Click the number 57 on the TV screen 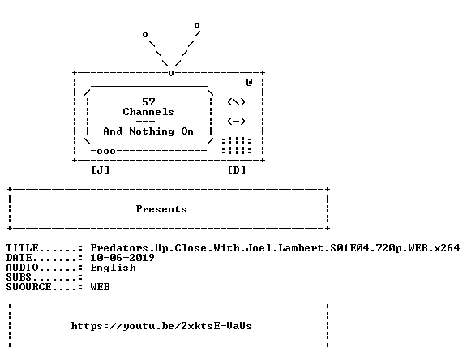click(x=148, y=102)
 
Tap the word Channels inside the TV click(x=148, y=112)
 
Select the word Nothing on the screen click(x=152, y=131)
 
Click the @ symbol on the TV click(x=249, y=82)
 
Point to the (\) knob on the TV click(x=236, y=102)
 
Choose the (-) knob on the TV click(x=236, y=121)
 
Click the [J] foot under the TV click(x=101, y=170)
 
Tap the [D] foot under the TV click(x=237, y=170)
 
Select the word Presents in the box click(x=161, y=209)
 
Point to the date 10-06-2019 click(x=122, y=258)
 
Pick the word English click(x=114, y=268)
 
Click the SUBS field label click(x=19, y=277)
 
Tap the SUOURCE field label click(x=29, y=287)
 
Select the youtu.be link click(x=161, y=326)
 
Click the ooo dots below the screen click(x=106, y=152)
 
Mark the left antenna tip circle click(x=145, y=35)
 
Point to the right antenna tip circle click(x=197, y=25)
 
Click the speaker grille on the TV click(x=237, y=146)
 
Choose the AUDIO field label click(x=23, y=268)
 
